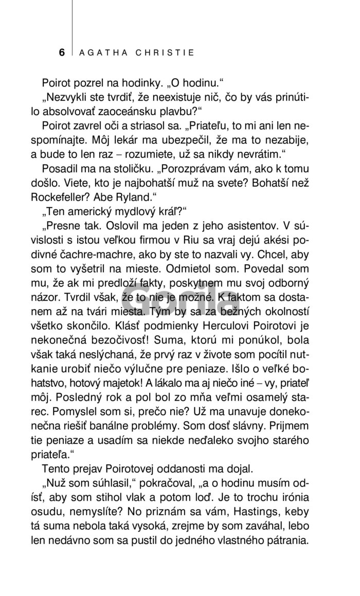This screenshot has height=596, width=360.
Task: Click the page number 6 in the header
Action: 62,52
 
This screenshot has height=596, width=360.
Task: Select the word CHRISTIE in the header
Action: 167,52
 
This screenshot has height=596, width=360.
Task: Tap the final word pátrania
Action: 284,540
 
